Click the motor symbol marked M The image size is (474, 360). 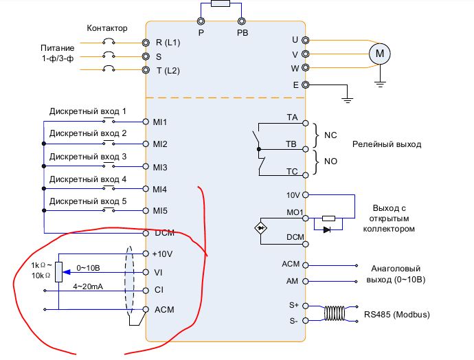pos(379,54)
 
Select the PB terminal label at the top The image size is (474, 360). pos(242,32)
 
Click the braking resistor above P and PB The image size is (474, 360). pos(221,4)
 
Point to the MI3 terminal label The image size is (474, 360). pos(161,167)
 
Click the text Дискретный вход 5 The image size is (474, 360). pos(88,201)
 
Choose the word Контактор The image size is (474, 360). pos(107,28)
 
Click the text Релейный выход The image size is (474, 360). pos(387,144)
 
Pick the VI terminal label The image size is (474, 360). pos(159,273)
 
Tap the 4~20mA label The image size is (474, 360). pos(89,285)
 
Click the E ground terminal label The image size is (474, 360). pos(295,85)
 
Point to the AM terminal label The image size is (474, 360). pos(291,282)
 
